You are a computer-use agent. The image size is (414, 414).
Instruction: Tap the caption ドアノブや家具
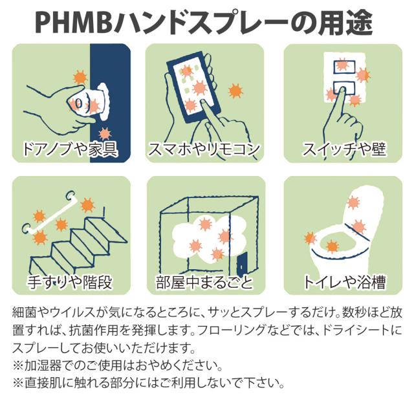71,150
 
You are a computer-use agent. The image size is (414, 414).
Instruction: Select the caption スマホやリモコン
206,150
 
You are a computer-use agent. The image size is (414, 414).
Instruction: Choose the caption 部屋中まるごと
206,283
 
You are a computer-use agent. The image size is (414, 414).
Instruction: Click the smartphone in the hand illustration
192,87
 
